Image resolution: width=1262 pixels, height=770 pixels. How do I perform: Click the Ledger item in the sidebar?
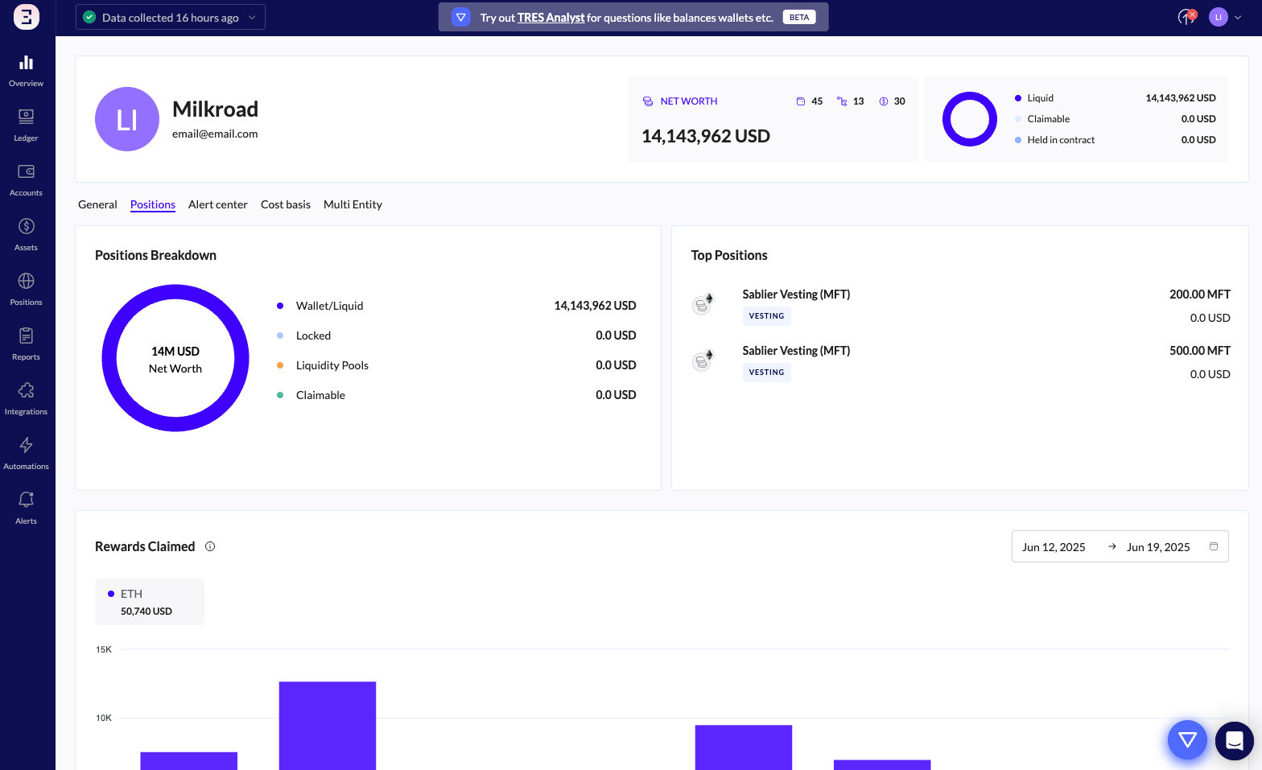coord(26,125)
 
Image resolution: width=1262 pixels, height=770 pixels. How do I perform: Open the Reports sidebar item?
coord(26,344)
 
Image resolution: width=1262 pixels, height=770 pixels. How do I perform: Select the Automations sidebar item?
coord(26,453)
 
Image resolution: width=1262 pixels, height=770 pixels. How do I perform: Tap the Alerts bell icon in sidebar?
coord(26,500)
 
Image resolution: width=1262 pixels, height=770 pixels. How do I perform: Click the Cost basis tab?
coord(286,204)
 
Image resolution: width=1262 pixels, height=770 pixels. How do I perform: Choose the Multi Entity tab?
coord(353,204)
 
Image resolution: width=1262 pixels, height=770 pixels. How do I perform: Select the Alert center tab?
coord(217,204)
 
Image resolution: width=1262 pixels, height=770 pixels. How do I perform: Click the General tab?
coord(97,204)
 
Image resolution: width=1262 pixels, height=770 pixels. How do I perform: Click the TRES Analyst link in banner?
coord(551,18)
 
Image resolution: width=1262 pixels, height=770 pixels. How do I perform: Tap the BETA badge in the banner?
coord(799,17)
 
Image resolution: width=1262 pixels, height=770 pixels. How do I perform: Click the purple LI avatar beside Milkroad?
coord(127,119)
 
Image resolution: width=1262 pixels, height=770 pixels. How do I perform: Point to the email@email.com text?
coord(215,134)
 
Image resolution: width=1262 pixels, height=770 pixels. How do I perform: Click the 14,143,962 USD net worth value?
coord(705,136)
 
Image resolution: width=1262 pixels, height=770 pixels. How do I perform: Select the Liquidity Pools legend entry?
coord(332,365)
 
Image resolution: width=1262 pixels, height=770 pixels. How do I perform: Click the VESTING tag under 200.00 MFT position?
coord(766,316)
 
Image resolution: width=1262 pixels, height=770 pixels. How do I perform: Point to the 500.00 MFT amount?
coord(1199,351)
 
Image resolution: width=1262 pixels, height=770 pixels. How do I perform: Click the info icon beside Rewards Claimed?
coord(210,546)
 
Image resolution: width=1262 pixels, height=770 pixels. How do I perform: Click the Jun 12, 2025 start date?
coord(1054,547)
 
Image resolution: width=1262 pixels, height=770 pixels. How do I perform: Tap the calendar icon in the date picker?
coord(1214,546)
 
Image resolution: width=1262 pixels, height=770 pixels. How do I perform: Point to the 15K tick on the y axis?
coord(104,649)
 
